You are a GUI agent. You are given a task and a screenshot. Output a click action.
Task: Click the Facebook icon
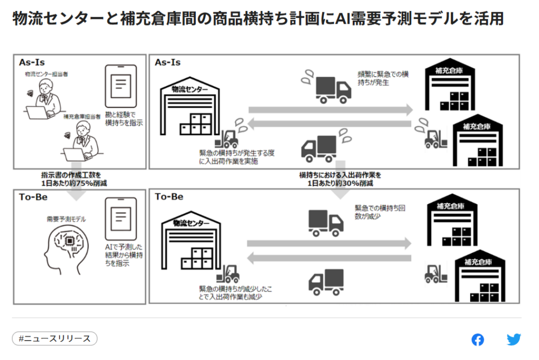point(477,339)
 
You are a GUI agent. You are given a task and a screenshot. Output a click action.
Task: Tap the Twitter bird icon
point(514,339)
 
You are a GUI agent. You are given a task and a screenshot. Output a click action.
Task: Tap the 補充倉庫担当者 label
point(82,116)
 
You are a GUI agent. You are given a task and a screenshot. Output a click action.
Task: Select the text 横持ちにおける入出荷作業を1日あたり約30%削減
point(340,179)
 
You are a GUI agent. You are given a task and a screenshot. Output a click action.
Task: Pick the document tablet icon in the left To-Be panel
point(121,216)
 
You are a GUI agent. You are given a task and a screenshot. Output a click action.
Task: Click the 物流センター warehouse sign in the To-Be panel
point(189,223)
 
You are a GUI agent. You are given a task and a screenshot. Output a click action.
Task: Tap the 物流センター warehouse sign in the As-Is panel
point(189,89)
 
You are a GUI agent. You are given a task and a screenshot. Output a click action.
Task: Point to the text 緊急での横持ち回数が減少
point(380,212)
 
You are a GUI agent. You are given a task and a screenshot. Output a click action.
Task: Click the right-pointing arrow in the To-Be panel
point(330,243)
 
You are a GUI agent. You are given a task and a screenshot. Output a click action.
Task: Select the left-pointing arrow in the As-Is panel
point(330,124)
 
